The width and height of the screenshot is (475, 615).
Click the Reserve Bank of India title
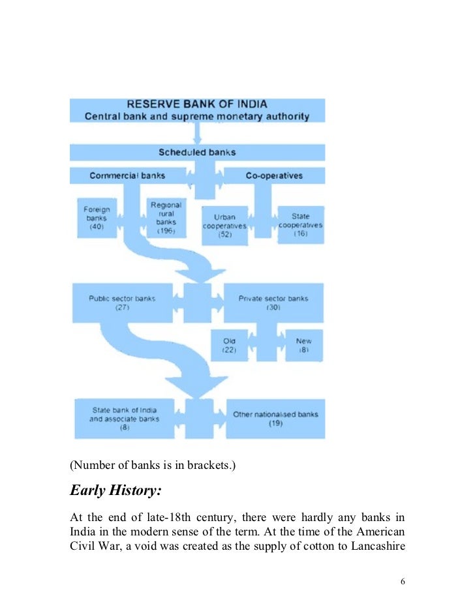click(196, 104)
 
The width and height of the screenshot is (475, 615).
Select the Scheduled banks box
click(196, 153)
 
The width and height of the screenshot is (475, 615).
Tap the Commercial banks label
click(127, 175)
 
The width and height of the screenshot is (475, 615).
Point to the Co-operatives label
click(274, 175)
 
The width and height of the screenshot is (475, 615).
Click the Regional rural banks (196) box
click(166, 218)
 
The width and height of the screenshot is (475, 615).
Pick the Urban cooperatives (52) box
click(224, 226)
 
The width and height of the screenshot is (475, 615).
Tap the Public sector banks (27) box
click(122, 303)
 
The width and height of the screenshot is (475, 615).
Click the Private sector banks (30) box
click(273, 303)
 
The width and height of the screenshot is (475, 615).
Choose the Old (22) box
click(229, 345)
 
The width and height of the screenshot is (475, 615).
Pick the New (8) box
click(303, 345)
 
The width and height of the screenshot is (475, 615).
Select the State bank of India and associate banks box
click(124, 418)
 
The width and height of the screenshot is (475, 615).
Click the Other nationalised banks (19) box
click(275, 418)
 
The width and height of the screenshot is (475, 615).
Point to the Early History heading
click(116, 490)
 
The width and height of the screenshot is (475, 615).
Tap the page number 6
click(403, 582)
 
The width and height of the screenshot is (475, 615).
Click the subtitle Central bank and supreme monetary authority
click(196, 117)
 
